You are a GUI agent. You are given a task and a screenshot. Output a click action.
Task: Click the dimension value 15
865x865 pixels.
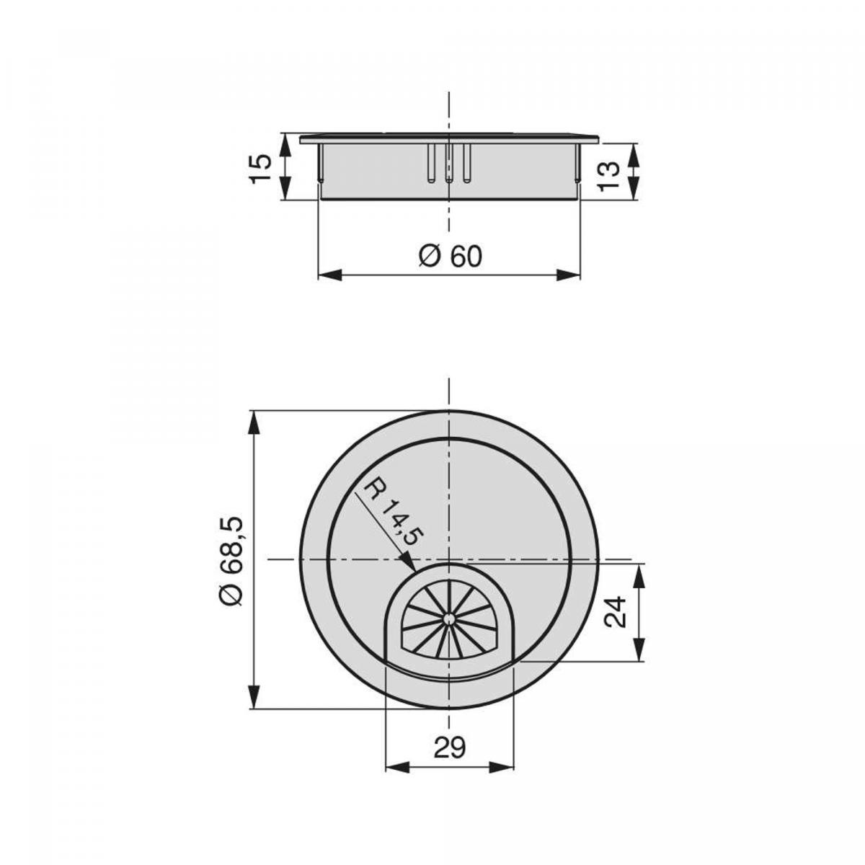click(261, 167)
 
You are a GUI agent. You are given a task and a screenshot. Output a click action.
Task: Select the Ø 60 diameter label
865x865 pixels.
click(450, 255)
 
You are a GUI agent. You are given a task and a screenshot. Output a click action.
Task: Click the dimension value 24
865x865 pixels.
click(614, 612)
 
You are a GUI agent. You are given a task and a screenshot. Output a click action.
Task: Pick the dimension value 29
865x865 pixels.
click(450, 748)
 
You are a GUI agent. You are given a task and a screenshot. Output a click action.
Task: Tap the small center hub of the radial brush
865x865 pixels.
click(449, 618)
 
